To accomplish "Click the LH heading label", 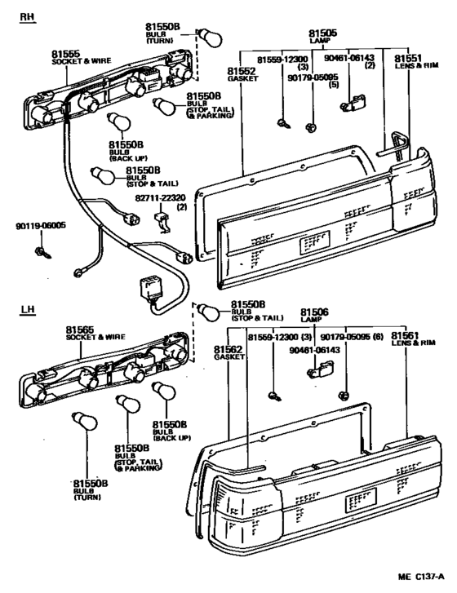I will click(27, 310).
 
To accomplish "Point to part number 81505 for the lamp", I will click(322, 34).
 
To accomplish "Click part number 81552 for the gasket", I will click(242, 71).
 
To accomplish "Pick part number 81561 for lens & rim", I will click(406, 336).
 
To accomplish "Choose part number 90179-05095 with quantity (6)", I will click(347, 336).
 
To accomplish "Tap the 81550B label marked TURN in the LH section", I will click(79, 483).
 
